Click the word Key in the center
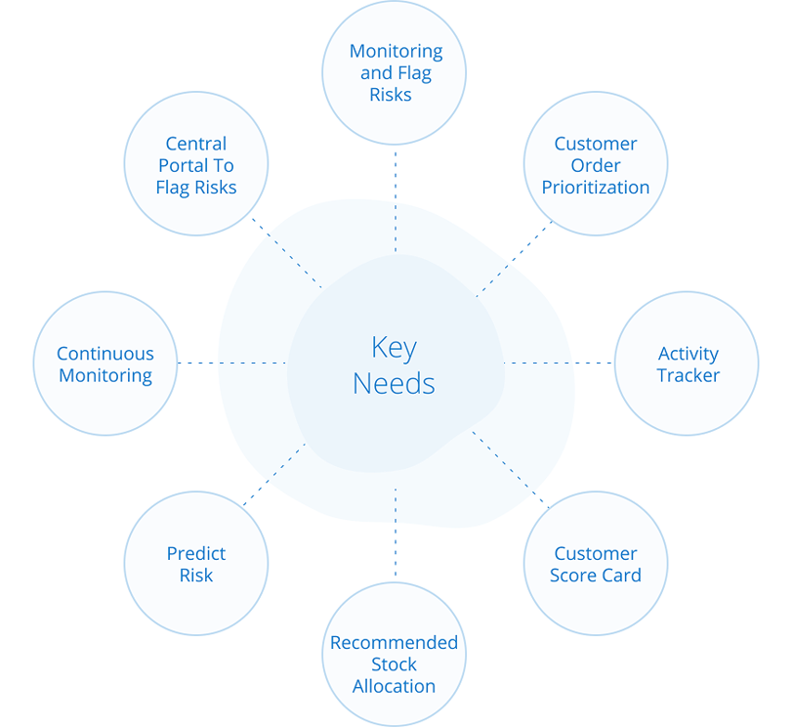coord(394,348)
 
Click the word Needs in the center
coord(394,383)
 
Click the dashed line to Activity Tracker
coord(559,363)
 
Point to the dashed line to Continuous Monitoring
coord(232,363)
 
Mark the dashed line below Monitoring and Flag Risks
coord(396,201)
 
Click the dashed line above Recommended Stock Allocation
coord(396,533)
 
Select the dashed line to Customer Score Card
coord(511,469)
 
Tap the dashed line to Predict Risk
coord(274,475)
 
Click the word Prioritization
coord(596,188)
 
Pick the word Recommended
coord(394,643)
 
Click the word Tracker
coord(688,375)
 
